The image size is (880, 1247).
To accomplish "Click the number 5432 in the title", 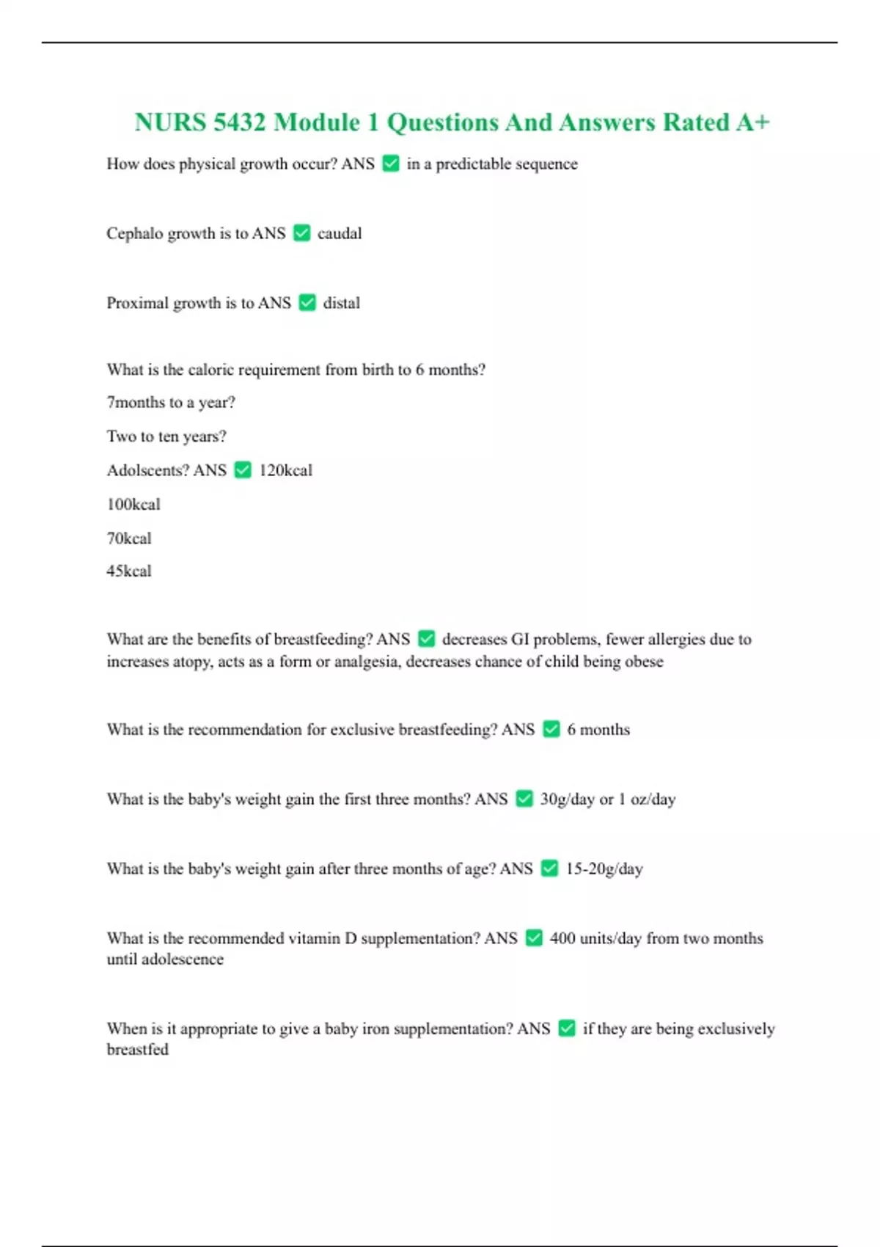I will click(239, 122).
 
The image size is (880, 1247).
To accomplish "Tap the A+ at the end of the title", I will click(752, 122).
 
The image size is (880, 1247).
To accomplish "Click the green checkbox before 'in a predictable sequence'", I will click(391, 164).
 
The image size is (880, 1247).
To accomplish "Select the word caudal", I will click(340, 233).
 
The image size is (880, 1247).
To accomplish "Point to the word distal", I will click(342, 303).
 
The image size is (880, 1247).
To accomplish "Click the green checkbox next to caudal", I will click(301, 233).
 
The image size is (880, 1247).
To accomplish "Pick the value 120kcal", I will click(285, 470).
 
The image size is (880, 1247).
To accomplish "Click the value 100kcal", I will click(133, 504).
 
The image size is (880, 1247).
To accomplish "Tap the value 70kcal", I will click(129, 538).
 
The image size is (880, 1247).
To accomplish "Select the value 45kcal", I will click(129, 571).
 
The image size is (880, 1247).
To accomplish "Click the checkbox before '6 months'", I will click(551, 729).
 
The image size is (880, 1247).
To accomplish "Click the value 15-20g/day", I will click(604, 868).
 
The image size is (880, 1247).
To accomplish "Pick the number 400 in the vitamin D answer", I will click(562, 938).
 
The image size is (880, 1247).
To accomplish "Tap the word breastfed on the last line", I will click(138, 1050).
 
